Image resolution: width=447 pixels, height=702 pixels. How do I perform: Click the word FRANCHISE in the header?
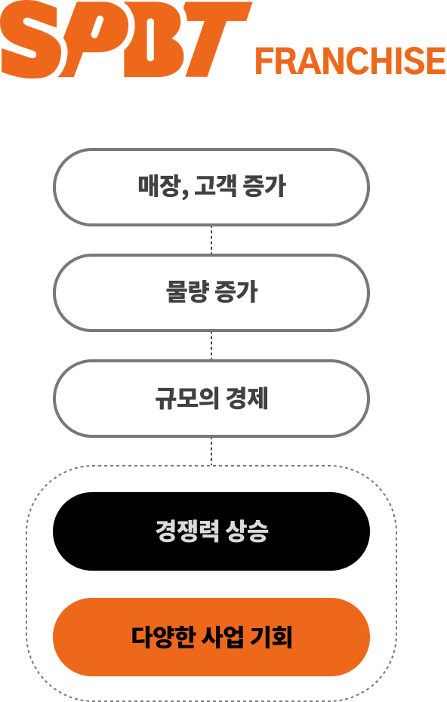pos(350,61)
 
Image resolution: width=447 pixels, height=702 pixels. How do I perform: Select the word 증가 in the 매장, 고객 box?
pos(264,186)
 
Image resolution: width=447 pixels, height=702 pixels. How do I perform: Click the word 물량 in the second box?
pos(187,291)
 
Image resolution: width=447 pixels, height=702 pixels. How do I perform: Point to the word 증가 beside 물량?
pos(236,291)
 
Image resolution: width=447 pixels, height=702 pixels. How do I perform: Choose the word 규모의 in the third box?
pos(187,398)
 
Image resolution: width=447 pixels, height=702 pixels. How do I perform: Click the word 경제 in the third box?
pos(247,398)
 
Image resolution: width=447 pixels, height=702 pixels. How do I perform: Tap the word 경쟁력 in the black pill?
pos(187,531)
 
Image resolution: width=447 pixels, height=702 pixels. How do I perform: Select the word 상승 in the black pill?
pos(247,531)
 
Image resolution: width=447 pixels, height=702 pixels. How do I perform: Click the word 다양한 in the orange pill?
pos(164,636)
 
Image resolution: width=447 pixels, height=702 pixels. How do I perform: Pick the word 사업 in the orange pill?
pos(223,636)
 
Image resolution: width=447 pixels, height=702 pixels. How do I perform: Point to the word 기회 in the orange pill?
pos(271,636)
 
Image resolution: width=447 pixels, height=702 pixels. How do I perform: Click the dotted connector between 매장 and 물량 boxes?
pos(211,239)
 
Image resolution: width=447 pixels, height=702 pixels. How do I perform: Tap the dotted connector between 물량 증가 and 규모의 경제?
pos(211,346)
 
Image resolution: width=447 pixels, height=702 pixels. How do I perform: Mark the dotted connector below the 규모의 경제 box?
pos(211,451)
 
